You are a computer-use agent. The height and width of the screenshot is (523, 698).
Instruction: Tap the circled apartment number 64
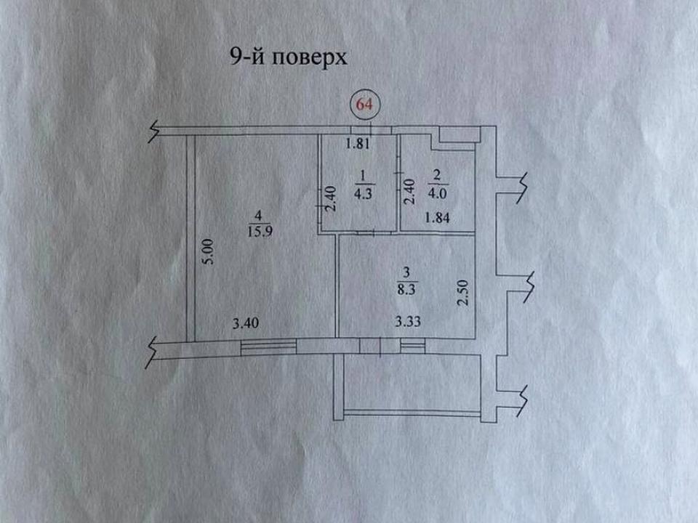coord(364,104)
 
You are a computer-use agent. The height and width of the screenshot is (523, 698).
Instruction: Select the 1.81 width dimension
coord(359,143)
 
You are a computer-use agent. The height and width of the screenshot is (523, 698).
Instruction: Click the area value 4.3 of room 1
coord(361,194)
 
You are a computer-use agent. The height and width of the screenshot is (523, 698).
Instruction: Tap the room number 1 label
coord(361,175)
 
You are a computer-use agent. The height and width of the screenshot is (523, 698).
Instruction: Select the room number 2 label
coord(437,175)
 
